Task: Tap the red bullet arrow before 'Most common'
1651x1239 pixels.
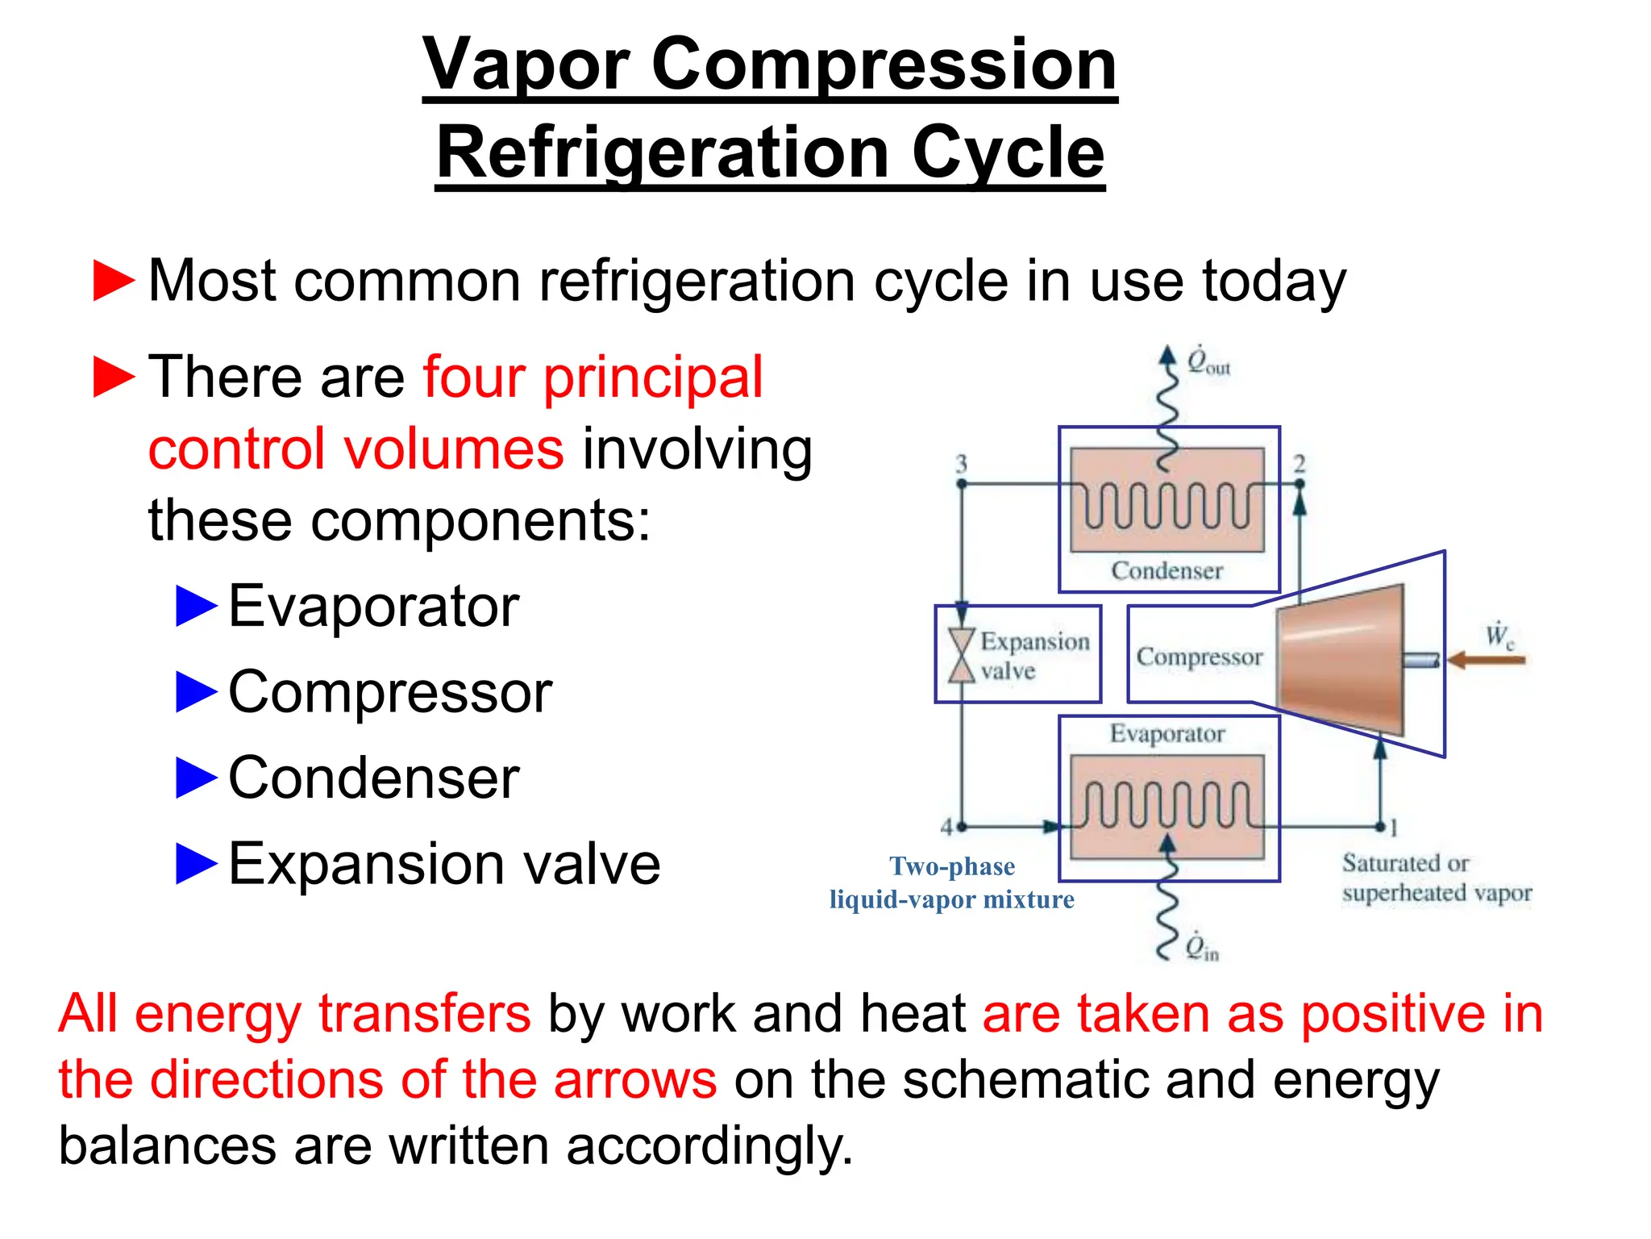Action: [x=114, y=281]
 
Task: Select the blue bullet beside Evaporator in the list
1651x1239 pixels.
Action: [x=196, y=607]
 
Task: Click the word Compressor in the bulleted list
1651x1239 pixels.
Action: [x=390, y=692]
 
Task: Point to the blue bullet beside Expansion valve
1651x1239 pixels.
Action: [x=196, y=863]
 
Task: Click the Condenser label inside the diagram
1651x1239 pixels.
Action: [x=1167, y=571]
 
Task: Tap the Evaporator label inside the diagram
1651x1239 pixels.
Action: [x=1167, y=734]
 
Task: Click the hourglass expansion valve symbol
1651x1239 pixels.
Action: [x=961, y=655]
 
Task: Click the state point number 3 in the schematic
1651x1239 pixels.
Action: [x=961, y=464]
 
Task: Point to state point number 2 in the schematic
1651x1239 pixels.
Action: [x=1300, y=464]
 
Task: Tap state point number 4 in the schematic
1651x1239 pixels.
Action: [x=947, y=827]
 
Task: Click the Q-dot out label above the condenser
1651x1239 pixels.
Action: [x=1208, y=362]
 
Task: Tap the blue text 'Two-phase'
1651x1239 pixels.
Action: [x=952, y=866]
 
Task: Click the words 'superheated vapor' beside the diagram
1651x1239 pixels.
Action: [x=1437, y=894]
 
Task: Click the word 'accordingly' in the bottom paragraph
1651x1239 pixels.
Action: [x=705, y=1146]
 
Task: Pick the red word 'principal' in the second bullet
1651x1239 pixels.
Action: [x=652, y=377]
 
